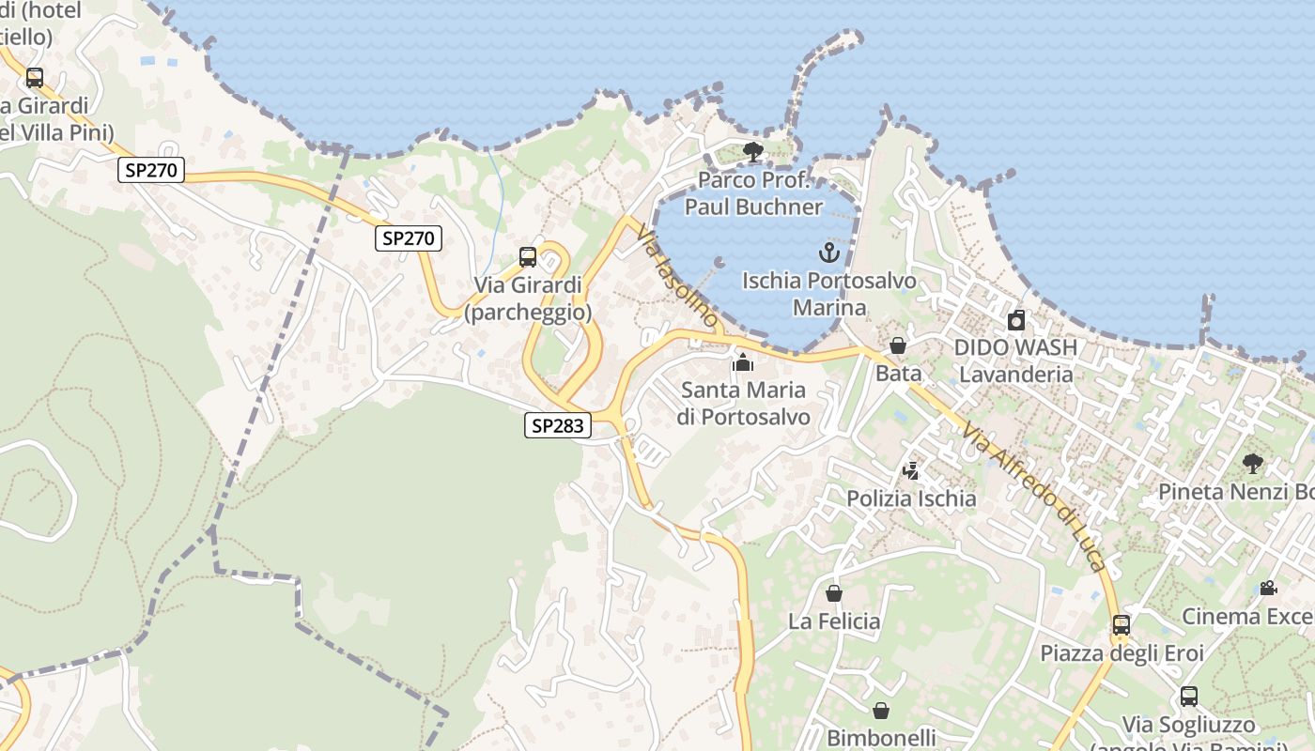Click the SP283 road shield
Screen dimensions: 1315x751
click(558, 425)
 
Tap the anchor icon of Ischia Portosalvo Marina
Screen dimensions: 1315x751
click(828, 252)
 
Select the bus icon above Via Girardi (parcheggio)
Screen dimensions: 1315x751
click(528, 257)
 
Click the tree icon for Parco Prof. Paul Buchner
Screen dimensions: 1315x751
click(752, 152)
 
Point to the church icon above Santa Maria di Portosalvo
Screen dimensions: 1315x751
click(743, 361)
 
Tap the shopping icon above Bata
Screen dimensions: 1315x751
click(898, 345)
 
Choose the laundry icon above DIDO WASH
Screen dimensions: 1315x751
click(1015, 320)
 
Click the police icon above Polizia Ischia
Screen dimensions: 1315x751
click(910, 471)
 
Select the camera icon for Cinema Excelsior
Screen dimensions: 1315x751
click(1268, 589)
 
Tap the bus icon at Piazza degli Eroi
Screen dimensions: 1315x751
click(1121, 624)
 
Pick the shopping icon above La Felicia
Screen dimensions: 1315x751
click(833, 593)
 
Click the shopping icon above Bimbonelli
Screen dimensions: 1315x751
click(880, 711)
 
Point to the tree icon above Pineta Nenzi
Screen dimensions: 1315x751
click(1252, 463)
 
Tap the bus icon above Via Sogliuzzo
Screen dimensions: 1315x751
click(1188, 697)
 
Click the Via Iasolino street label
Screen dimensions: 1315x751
click(676, 276)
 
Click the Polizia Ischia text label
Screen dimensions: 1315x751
click(911, 498)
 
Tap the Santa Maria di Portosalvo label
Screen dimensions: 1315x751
click(743, 403)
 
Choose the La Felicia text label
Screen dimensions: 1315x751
click(834, 621)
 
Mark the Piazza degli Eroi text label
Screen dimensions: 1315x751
click(1122, 652)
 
